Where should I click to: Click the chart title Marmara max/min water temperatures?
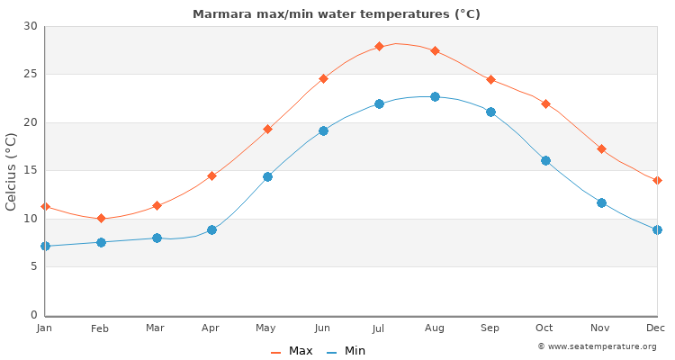click(337, 14)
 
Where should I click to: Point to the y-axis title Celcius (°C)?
click(12, 171)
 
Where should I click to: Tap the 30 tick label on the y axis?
click(31, 26)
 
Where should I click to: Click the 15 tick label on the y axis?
click(31, 170)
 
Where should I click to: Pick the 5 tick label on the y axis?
click(34, 266)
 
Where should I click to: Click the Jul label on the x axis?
click(379, 328)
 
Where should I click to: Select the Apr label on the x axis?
click(211, 328)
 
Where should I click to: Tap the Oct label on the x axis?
click(545, 328)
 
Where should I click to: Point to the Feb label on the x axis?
click(100, 328)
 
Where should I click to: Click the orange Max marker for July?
click(379, 46)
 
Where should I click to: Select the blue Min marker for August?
click(435, 96)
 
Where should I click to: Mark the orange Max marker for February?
click(101, 218)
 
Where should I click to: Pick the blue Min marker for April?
click(211, 229)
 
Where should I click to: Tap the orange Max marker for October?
click(545, 103)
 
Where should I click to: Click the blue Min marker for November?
click(601, 202)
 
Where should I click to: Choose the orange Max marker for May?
click(267, 129)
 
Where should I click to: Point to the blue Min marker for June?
click(323, 130)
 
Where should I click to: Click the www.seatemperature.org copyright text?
click(597, 346)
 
